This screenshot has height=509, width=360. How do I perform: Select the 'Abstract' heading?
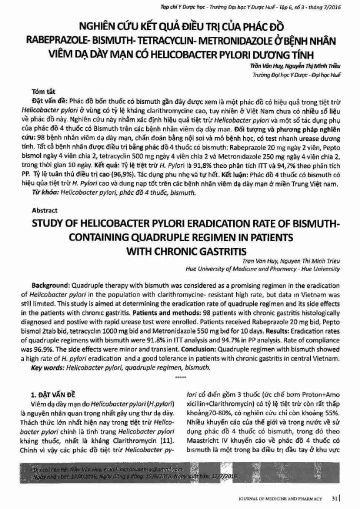tap(44, 211)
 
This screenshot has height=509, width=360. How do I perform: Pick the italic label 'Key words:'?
tap(48, 367)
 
